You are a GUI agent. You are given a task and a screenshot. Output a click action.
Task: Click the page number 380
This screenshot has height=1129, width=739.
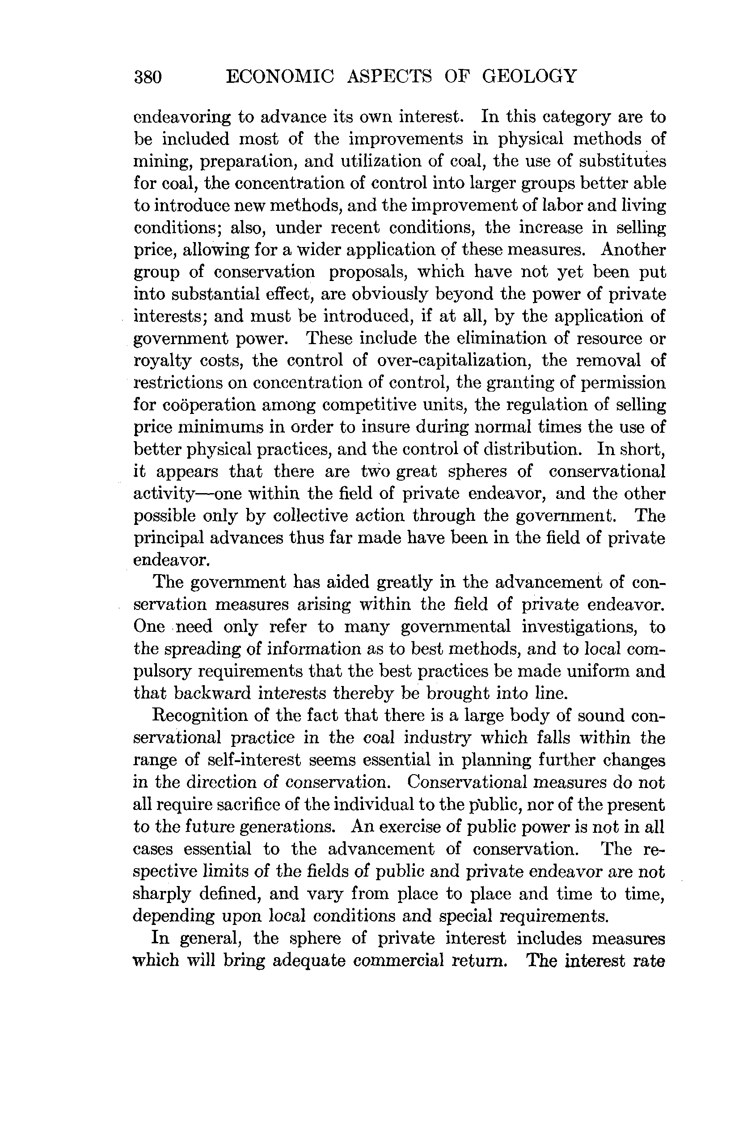pyautogui.click(x=148, y=77)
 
